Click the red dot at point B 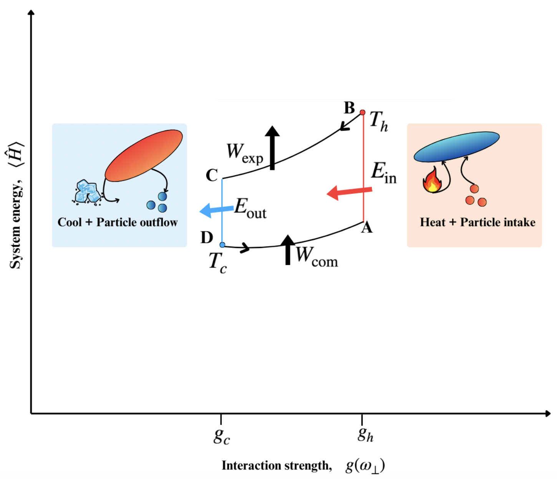(362, 112)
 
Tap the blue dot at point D (222, 245)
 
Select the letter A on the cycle (367, 228)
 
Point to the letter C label (212, 175)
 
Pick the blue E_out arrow (217, 210)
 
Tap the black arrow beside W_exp (272, 148)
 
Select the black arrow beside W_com (288, 250)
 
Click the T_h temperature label (379, 121)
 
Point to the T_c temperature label (218, 263)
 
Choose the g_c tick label (222, 436)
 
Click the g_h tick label (365, 434)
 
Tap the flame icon (432, 180)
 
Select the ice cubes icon (88, 191)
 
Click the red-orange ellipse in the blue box (144, 155)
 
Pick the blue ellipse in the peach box (456, 146)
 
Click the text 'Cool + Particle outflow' (118, 222)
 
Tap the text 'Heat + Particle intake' (477, 222)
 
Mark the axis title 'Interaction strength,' (277, 466)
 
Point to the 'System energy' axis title (15, 225)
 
